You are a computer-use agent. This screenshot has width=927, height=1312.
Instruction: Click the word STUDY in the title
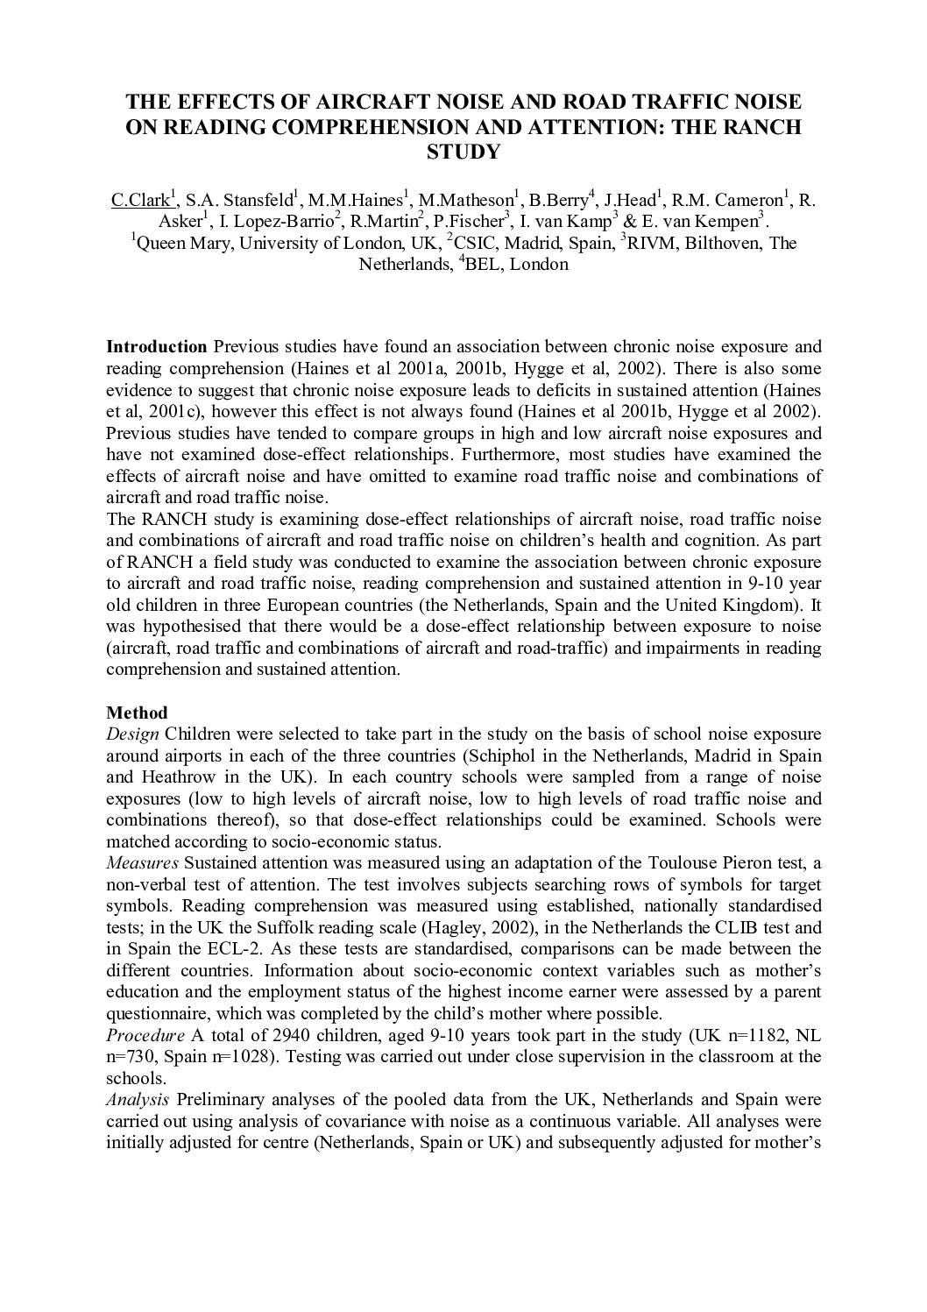[x=463, y=152]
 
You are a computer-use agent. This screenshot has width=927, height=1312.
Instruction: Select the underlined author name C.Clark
[x=140, y=200]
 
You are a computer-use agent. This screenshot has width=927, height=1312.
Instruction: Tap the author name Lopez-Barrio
[x=286, y=221]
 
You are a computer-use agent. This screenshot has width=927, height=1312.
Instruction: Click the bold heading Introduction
[x=157, y=346]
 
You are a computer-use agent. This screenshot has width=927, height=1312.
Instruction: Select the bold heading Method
[x=137, y=713]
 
